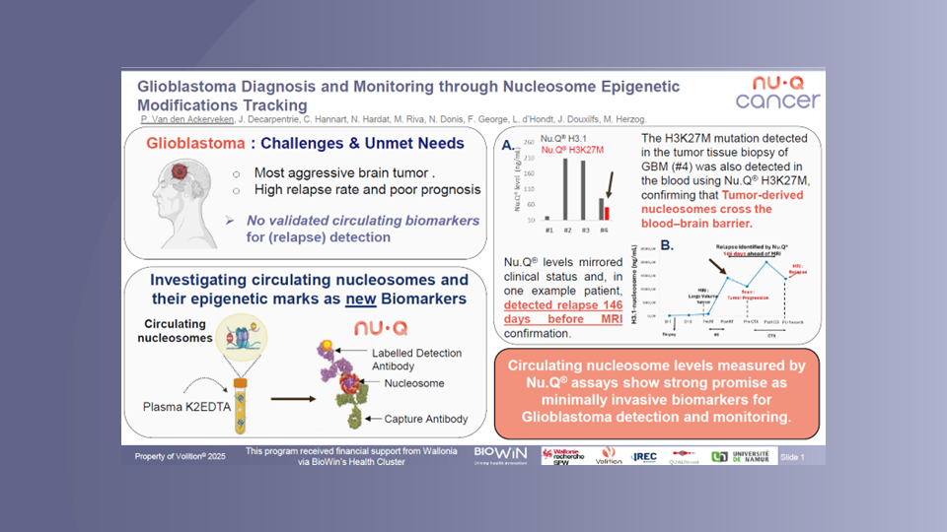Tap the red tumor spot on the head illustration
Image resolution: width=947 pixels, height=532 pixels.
coord(179,173)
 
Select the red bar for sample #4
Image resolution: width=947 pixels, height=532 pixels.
coord(607,212)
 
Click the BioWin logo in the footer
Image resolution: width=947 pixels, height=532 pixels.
coord(500,453)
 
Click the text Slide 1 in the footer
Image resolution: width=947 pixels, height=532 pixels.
coord(792,457)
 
